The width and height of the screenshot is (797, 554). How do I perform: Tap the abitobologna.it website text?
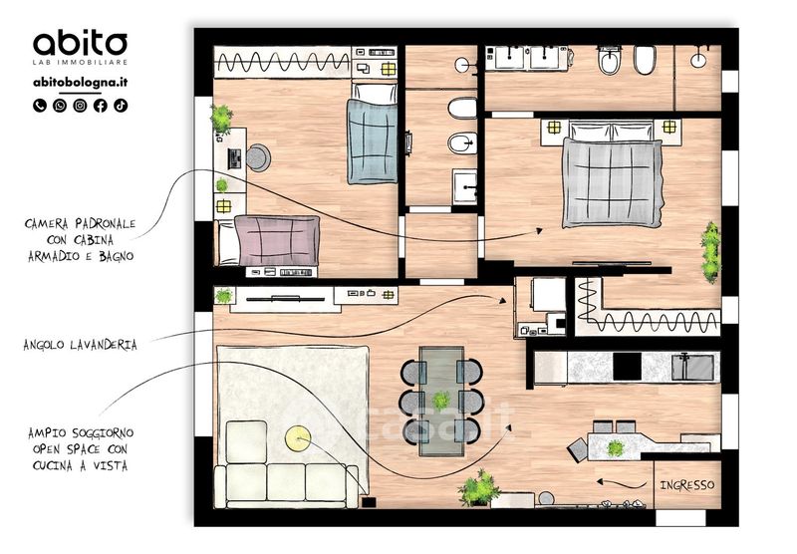tap(81, 83)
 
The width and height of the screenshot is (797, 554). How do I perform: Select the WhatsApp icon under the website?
tap(60, 106)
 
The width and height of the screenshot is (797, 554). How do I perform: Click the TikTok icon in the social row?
tap(121, 106)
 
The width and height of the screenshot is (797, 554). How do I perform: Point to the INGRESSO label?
tap(687, 485)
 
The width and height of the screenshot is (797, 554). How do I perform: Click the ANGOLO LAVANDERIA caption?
tap(81, 345)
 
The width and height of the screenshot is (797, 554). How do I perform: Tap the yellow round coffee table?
tap(297, 438)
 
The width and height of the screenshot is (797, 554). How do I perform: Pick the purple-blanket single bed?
tap(268, 240)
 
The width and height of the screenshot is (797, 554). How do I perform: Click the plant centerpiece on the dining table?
tap(440, 400)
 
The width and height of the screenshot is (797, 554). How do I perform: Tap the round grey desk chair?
tap(258, 157)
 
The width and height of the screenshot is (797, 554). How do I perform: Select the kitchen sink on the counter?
tap(692, 367)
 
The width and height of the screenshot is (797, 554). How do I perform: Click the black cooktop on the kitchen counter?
tap(627, 367)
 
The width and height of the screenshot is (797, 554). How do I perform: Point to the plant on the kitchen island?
tap(616, 448)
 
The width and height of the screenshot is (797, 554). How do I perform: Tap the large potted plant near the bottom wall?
tap(479, 488)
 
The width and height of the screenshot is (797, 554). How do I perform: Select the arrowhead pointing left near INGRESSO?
tap(601, 481)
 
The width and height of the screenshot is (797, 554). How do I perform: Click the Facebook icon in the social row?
tap(101, 106)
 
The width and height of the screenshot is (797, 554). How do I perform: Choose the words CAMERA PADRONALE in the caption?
tap(81, 223)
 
